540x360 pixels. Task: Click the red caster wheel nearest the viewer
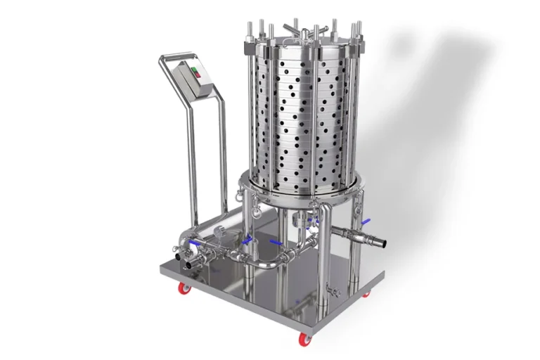pos(305,340)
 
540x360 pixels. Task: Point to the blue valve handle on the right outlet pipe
pos(365,222)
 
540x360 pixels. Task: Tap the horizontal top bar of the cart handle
pos(176,54)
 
